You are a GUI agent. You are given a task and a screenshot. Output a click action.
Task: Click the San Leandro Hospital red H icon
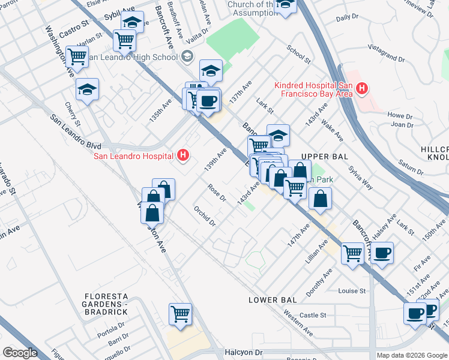tap(184, 157)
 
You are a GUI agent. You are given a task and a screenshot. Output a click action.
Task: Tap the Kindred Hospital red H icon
tap(361, 89)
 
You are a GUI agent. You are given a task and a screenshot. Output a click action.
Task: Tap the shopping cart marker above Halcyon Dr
tap(181, 313)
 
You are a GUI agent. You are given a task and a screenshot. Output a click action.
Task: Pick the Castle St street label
tap(312, 315)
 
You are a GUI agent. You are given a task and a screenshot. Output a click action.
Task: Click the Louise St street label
tap(352, 291)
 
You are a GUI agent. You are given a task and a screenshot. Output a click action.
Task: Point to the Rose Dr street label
tap(216, 192)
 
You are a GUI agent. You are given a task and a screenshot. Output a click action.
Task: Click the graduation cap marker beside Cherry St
tap(88, 90)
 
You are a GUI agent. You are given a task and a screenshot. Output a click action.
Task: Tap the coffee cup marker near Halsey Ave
tap(381, 253)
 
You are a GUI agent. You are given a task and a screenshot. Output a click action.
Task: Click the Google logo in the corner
tap(20, 353)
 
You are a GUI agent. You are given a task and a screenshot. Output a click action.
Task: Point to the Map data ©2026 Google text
tap(412, 355)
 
